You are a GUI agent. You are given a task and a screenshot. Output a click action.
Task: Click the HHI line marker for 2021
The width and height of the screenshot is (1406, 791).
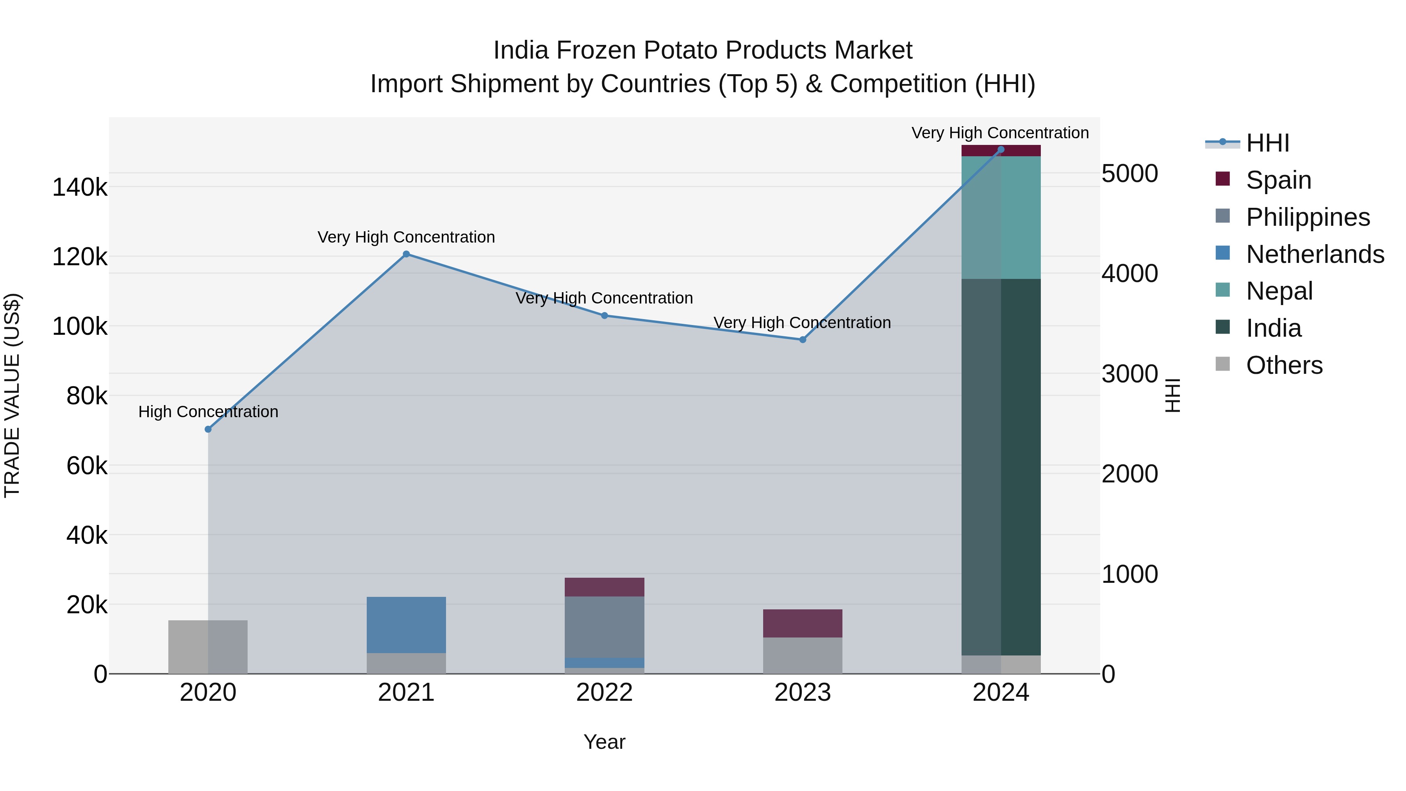[x=406, y=254]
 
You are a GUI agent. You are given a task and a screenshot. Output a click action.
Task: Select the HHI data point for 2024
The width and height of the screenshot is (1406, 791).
[x=1001, y=150]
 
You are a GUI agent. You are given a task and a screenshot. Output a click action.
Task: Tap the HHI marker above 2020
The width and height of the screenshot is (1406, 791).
[x=208, y=429]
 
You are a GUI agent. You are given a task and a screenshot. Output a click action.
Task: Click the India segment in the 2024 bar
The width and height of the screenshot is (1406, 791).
[x=1001, y=467]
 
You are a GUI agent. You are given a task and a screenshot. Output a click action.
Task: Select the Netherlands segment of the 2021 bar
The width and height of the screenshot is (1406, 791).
[x=406, y=625]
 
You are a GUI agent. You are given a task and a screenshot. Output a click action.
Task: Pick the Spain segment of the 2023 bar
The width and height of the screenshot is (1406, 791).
[x=802, y=623]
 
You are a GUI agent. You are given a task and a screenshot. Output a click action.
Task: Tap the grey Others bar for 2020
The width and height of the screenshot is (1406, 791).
[x=208, y=646]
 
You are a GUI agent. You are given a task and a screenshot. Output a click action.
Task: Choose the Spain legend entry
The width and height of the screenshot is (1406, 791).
[x=1278, y=180]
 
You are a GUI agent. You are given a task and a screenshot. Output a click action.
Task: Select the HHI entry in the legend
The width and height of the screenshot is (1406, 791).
[x=1267, y=143]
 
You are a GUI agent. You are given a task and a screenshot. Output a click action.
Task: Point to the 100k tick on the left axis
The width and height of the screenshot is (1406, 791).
[x=80, y=327]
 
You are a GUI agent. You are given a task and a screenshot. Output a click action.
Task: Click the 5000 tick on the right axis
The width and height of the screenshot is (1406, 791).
[x=1129, y=173]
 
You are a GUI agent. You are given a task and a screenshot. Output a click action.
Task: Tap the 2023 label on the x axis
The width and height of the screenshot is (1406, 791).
[x=802, y=693]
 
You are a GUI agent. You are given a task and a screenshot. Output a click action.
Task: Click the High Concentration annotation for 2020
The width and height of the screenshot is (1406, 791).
[x=208, y=412]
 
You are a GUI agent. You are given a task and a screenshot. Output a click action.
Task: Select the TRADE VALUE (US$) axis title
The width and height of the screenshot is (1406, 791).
[x=12, y=395]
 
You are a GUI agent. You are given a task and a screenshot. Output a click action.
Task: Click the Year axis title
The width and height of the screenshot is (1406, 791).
[x=604, y=742]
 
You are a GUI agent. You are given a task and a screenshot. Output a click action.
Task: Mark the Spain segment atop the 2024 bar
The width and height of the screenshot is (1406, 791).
[x=1001, y=151]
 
